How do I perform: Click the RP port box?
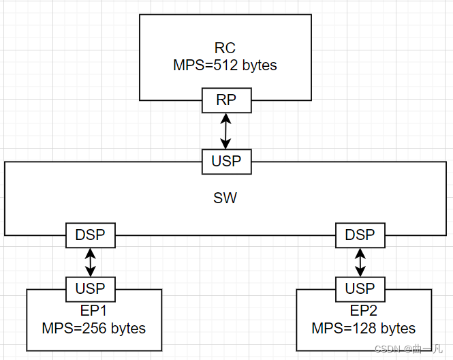tap(226, 100)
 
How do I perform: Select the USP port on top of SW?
tap(226, 162)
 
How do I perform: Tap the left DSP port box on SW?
tap(90, 235)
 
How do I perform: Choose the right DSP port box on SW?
tap(360, 235)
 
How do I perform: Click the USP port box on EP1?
tap(90, 288)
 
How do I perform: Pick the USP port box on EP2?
tap(360, 288)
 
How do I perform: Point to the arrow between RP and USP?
tap(226, 131)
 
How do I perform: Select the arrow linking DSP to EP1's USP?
tap(90, 262)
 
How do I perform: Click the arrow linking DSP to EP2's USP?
tap(360, 262)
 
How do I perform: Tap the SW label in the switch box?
tap(225, 198)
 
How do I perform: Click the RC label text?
tap(225, 48)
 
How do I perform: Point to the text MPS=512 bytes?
tap(225, 66)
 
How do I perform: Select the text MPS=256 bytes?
tap(93, 328)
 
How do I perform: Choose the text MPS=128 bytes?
tap(364, 328)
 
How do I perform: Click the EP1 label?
tap(93, 311)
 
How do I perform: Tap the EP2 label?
tap(364, 311)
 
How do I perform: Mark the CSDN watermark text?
tap(409, 349)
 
